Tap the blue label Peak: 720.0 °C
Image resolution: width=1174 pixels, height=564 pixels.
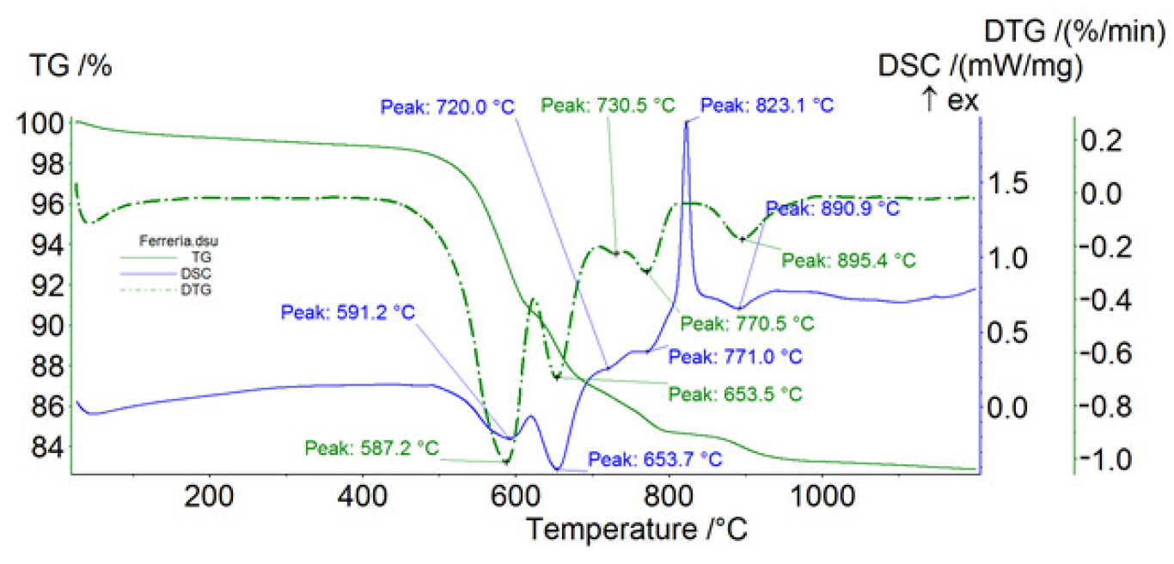coord(447,107)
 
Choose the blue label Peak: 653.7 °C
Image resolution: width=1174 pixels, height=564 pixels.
coord(654,459)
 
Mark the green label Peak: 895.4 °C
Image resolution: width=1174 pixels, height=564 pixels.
coord(848,259)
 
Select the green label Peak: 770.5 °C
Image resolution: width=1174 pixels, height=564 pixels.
coord(746,323)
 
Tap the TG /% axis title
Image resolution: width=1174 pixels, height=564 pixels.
coord(71,65)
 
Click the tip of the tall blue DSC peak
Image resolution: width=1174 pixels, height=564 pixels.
coord(686,123)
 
